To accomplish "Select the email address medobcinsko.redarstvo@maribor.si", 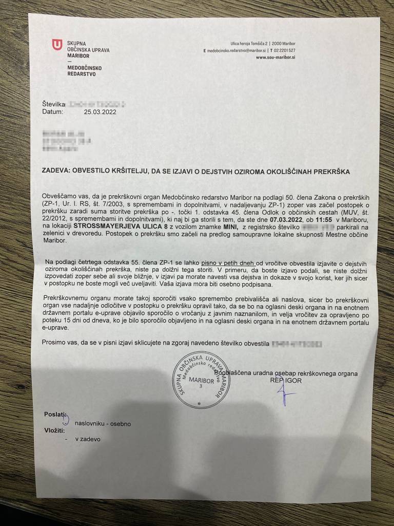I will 237,51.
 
